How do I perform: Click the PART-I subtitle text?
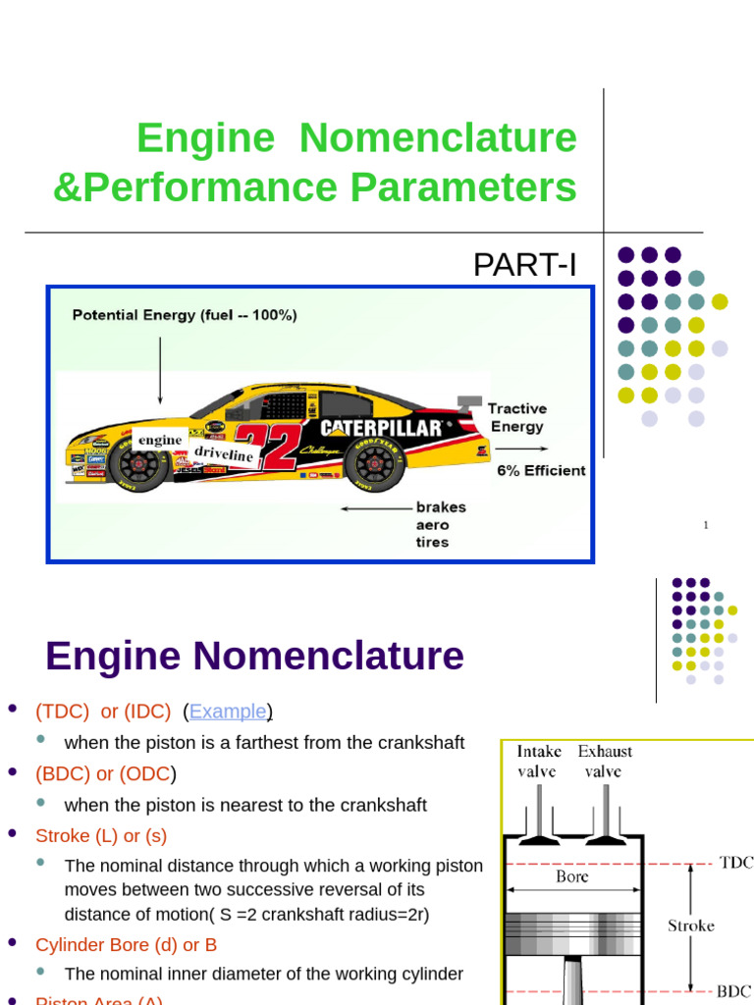(x=524, y=265)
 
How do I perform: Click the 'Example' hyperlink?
(x=228, y=712)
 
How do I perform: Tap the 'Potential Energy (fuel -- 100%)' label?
(x=185, y=315)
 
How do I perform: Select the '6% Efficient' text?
(x=541, y=470)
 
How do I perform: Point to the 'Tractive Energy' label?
(x=516, y=417)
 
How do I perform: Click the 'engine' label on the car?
(x=160, y=440)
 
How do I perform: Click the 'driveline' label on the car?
(x=223, y=453)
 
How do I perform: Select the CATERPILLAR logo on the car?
(x=382, y=428)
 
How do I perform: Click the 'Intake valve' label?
(x=539, y=761)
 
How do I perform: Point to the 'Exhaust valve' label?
(x=605, y=761)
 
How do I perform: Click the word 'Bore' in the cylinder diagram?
(x=572, y=876)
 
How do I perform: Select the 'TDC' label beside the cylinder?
(x=735, y=863)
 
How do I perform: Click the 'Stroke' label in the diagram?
(x=691, y=926)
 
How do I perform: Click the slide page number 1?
(x=705, y=526)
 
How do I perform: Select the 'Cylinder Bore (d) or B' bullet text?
(x=126, y=945)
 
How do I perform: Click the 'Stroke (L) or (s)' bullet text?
(x=101, y=836)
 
